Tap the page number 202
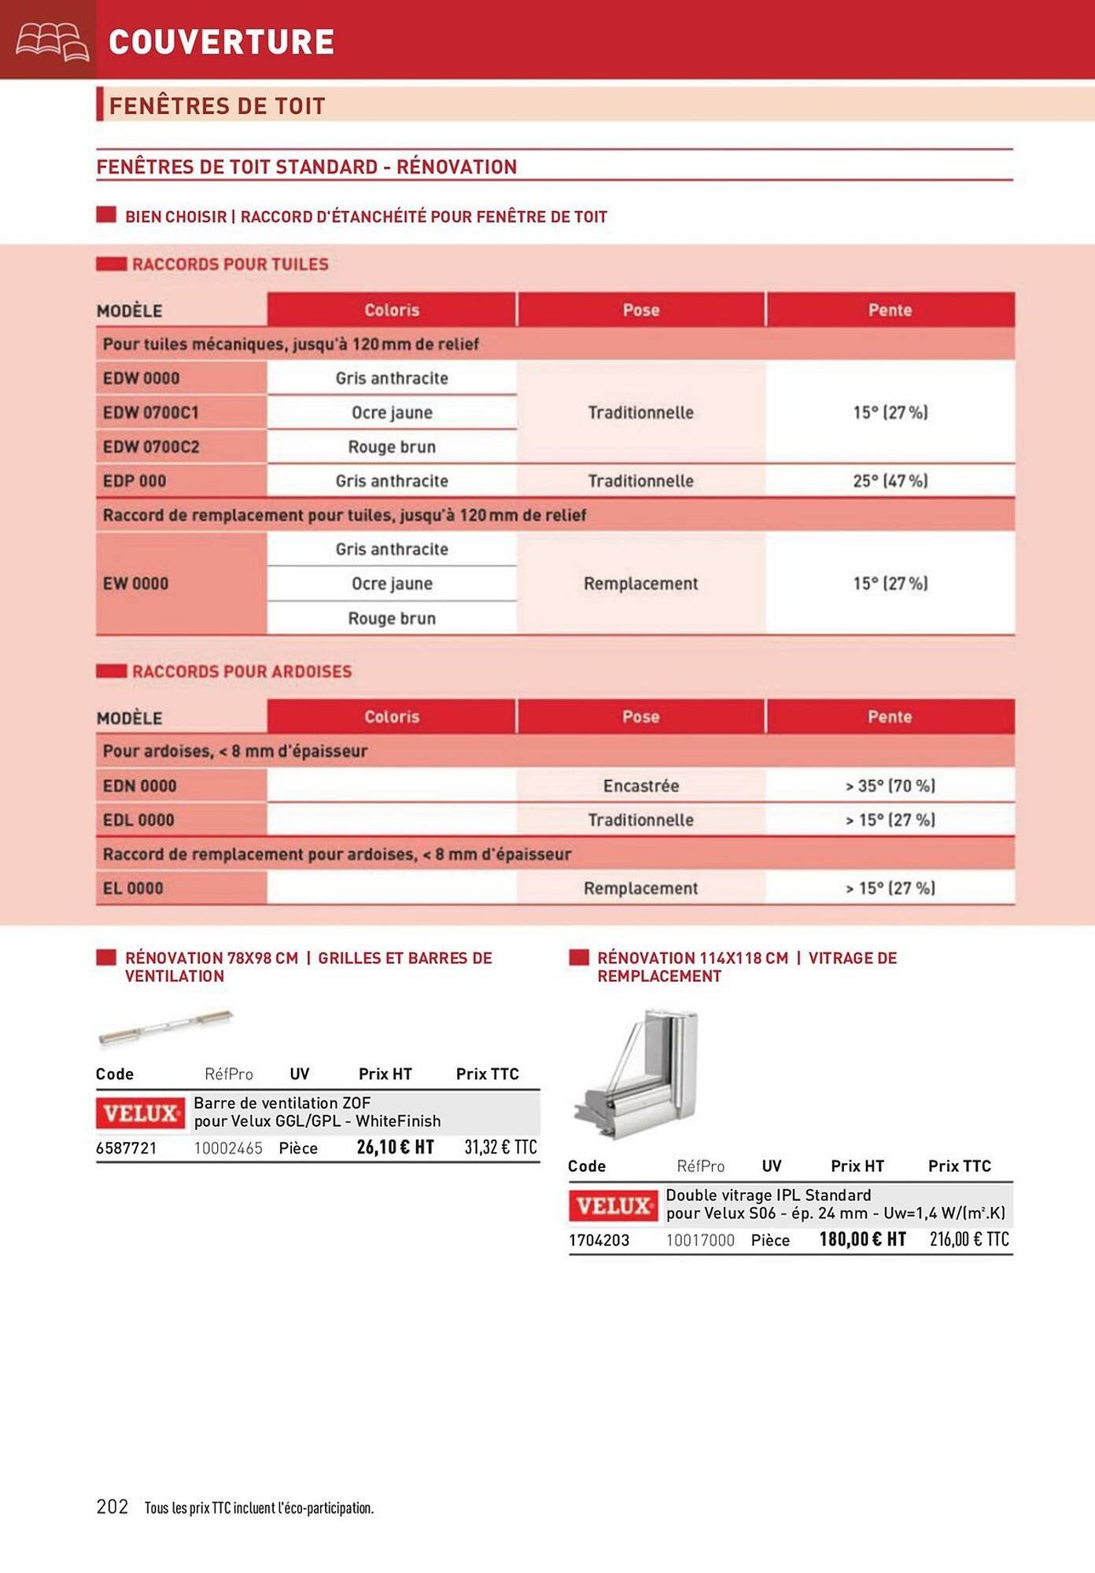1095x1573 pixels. coord(112,1505)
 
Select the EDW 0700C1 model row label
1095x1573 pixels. coord(151,412)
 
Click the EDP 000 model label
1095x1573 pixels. coord(135,481)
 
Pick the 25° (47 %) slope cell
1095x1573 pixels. coord(890,481)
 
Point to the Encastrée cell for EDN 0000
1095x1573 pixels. coord(640,786)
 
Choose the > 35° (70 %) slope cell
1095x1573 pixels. coord(890,786)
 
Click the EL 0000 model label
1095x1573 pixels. coord(133,888)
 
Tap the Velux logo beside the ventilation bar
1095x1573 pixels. coord(141,1113)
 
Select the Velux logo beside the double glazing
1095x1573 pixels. coord(613,1205)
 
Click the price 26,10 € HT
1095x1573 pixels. coord(395,1147)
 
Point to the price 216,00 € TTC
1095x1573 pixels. coord(969,1239)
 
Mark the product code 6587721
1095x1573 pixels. coord(126,1148)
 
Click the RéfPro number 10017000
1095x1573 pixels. coord(700,1240)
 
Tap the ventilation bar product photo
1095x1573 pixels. coord(165,1028)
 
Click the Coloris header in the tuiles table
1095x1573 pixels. coord(392,310)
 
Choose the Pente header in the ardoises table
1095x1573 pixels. coord(890,717)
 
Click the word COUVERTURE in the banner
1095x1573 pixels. coord(221,42)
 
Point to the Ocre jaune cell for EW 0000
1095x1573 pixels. coord(392,584)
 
